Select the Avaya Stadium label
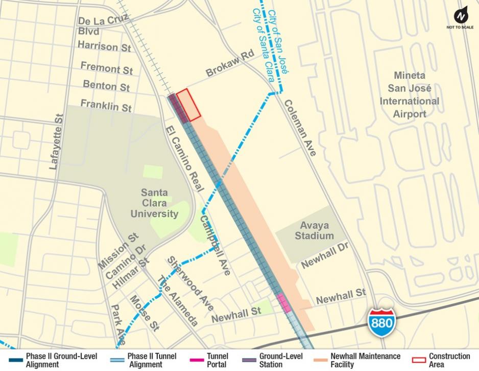tap(315, 230)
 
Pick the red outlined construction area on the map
tap(188, 105)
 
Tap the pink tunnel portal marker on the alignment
tap(283, 302)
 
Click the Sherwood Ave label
tap(190, 283)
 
